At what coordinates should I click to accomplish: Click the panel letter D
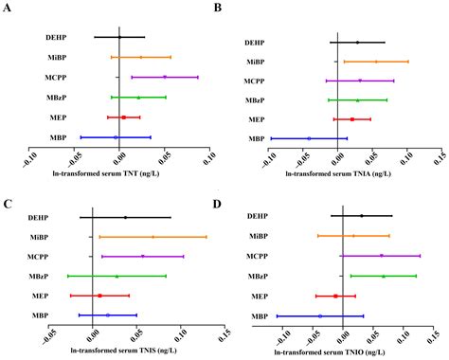click(234, 203)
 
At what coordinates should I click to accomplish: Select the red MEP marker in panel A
click(123, 117)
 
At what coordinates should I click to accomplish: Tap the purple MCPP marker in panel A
click(165, 77)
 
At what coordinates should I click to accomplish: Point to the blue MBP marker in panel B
click(308, 138)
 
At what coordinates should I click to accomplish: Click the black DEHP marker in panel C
click(125, 217)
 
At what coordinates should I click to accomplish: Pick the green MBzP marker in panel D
click(384, 276)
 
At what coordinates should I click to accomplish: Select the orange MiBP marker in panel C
click(153, 237)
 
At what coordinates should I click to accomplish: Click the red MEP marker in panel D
click(335, 296)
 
